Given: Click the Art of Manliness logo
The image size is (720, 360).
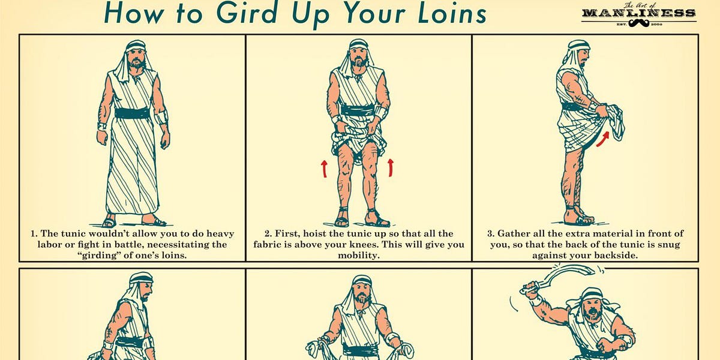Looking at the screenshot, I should (x=638, y=14).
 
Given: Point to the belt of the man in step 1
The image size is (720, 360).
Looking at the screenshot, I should (x=132, y=113).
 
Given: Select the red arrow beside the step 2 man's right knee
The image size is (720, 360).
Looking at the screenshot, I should (x=325, y=169).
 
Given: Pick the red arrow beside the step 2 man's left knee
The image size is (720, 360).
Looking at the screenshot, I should (x=391, y=167).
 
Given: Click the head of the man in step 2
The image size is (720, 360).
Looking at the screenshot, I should (x=359, y=55).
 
